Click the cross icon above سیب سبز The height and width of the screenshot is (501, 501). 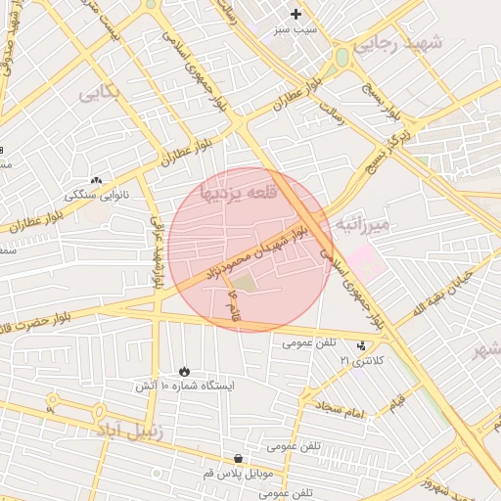click(x=296, y=14)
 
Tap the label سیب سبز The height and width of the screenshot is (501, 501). click(x=296, y=30)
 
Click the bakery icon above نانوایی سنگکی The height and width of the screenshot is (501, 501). click(x=96, y=180)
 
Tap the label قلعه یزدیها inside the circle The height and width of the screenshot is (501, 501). click(x=239, y=192)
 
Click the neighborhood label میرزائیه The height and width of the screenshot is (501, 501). click(x=363, y=224)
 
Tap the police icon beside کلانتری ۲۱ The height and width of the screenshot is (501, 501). click(x=362, y=345)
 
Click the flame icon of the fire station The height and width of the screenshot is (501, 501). click(x=184, y=371)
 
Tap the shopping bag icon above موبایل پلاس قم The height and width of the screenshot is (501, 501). click(x=238, y=457)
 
